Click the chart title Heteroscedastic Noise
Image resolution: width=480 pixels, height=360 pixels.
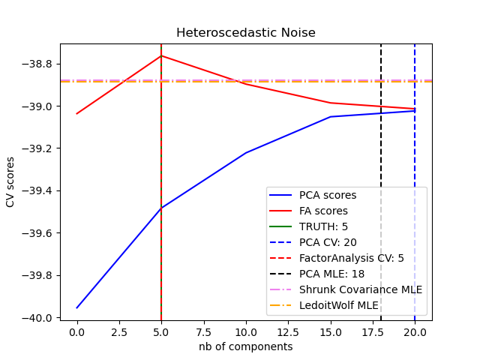click(245, 33)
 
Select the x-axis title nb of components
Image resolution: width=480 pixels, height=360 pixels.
click(245, 346)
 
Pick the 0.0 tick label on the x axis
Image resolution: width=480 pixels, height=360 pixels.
click(76, 331)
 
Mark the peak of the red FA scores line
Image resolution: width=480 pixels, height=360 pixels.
click(161, 55)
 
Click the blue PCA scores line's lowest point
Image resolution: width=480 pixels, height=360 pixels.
click(77, 307)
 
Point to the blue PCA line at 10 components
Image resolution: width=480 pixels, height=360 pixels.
click(246, 152)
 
